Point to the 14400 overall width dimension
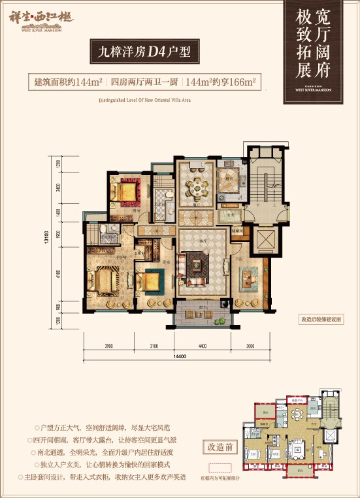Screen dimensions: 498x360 click(x=181, y=356)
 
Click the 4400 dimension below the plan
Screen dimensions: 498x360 click(x=201, y=346)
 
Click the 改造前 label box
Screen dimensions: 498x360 click(x=219, y=448)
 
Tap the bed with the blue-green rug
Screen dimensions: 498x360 click(x=149, y=282)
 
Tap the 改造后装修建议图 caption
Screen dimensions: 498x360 click(x=321, y=318)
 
